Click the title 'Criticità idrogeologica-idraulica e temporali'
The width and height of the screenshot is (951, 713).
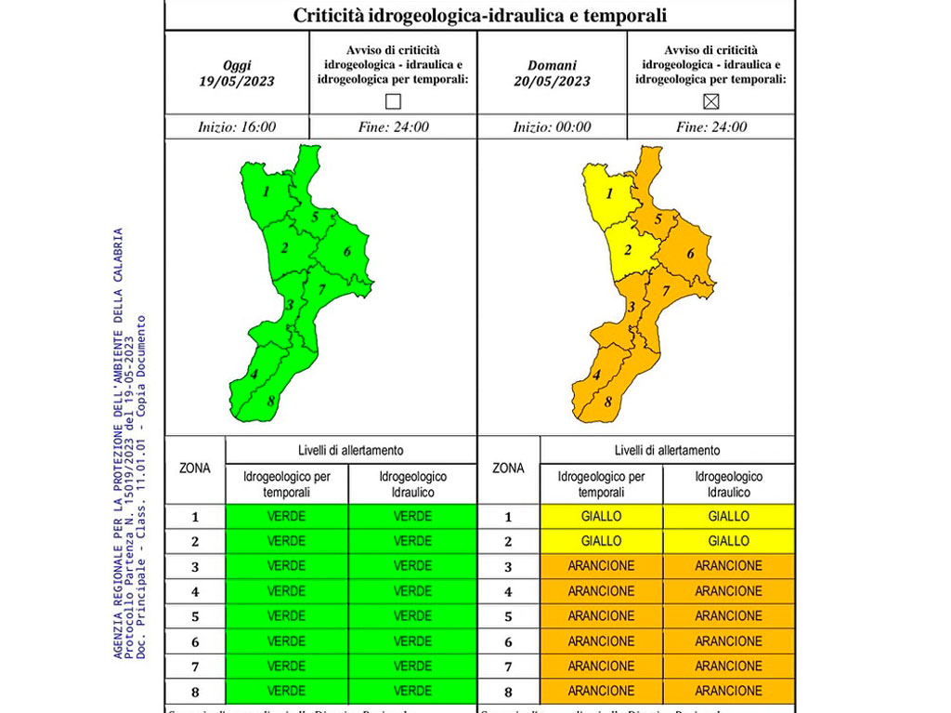click(479, 16)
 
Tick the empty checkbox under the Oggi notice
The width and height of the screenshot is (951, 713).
click(393, 101)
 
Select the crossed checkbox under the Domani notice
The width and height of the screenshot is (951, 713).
click(710, 101)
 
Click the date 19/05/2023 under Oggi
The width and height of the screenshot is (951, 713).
click(237, 81)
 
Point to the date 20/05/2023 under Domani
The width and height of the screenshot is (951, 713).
click(552, 81)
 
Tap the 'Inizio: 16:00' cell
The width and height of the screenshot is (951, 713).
click(237, 127)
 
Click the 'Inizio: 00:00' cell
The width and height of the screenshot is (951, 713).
click(552, 127)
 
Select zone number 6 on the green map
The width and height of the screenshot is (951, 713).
click(346, 251)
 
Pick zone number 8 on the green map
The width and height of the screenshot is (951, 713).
click(270, 401)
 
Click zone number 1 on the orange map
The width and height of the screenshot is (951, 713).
click(609, 193)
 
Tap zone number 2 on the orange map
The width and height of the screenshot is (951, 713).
click(628, 249)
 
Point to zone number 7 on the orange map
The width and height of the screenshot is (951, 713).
click(666, 291)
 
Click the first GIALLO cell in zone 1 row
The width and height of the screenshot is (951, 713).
click(601, 516)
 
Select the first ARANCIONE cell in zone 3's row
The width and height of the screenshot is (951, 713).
click(601, 565)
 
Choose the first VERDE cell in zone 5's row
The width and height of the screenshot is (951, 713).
click(286, 615)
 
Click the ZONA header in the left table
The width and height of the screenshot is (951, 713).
click(195, 469)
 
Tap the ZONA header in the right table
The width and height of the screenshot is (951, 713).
click(508, 469)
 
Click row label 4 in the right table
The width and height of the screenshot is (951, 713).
click(508, 590)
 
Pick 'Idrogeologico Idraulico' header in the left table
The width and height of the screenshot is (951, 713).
click(412, 484)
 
